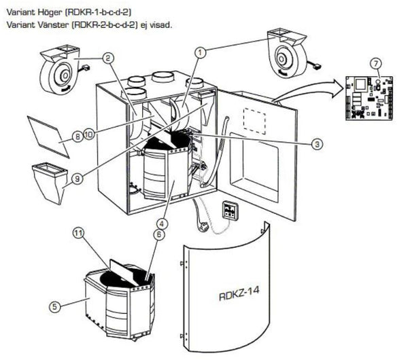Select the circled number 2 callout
click(x=108, y=58)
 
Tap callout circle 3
click(x=316, y=143)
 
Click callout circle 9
click(x=78, y=179)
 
